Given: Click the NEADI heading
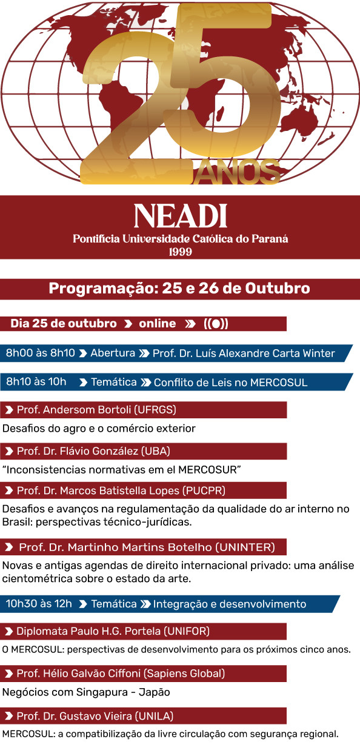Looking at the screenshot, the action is point(180,215).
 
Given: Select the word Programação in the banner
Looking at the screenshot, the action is point(104,288).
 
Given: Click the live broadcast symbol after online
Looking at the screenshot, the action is point(216,324).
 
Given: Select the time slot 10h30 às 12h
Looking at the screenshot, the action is point(39,604).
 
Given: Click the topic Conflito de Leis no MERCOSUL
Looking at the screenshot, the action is point(230,383).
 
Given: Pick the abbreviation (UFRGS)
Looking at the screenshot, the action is point(154,410).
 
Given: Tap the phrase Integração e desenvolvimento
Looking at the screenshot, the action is point(229,604).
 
